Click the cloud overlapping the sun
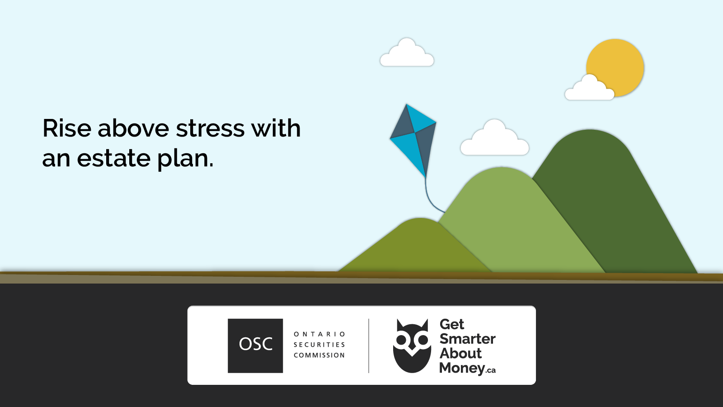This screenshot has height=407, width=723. click(589, 90)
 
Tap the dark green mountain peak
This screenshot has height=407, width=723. click(590, 145)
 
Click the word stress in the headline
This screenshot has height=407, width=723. click(211, 128)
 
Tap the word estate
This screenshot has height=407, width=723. click(113, 159)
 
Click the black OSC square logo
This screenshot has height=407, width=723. click(255, 345)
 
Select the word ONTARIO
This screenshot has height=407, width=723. click(319, 334)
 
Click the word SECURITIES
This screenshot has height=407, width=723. click(319, 345)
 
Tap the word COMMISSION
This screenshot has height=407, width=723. click(319, 355)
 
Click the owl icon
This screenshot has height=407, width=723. click(412, 346)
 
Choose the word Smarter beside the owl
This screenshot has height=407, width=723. click(467, 339)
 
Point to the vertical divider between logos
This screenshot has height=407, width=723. click(369, 346)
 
